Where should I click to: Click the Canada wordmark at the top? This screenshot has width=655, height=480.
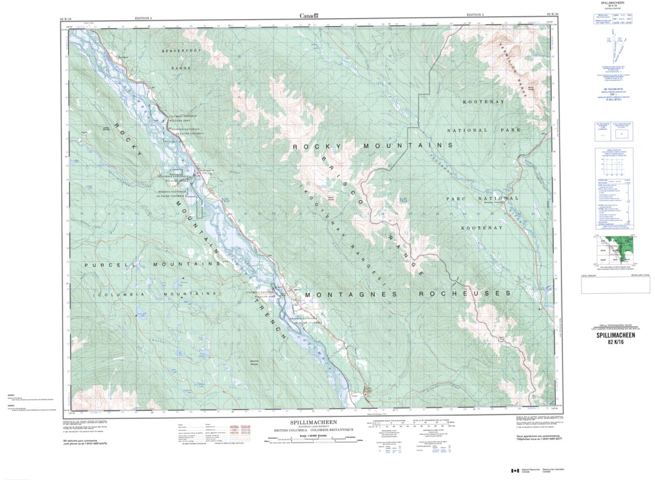310,16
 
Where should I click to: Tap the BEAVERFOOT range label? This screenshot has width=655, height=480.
177,51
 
